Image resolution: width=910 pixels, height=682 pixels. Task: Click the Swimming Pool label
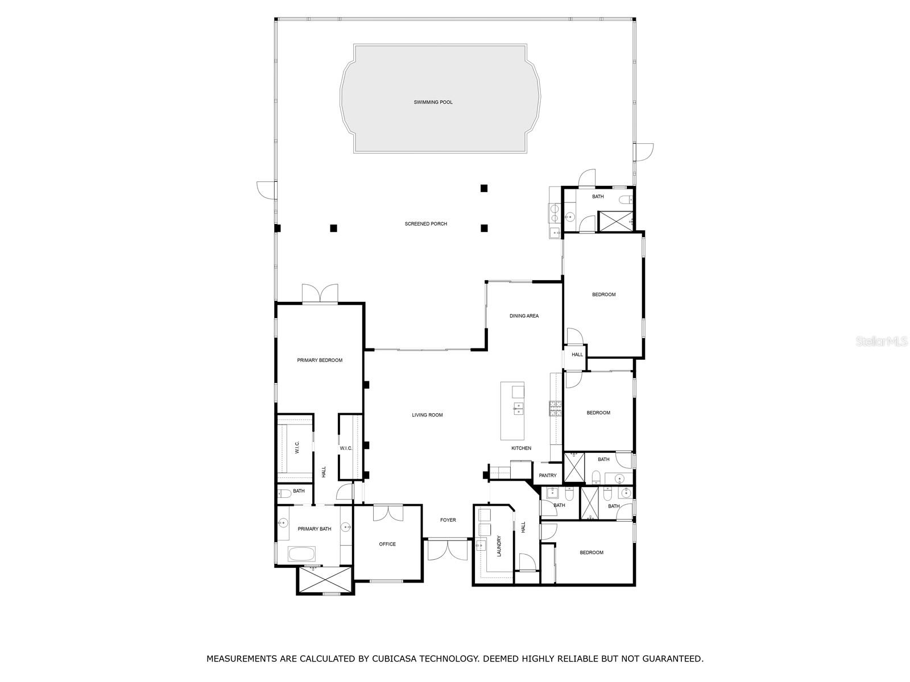(433, 102)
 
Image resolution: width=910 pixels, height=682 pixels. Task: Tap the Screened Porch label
(425, 224)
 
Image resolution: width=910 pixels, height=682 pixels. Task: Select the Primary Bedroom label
(320, 360)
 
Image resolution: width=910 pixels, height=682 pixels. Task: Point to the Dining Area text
(524, 316)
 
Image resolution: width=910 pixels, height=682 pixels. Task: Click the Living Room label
(427, 415)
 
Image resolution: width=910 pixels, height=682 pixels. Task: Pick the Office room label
(387, 544)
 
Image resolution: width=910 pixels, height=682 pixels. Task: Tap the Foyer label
(448, 520)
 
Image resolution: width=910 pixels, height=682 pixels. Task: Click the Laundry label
(499, 546)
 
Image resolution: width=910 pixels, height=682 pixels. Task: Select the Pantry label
(548, 476)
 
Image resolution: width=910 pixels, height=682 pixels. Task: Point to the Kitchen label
(521, 448)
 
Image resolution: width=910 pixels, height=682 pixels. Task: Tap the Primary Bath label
(315, 529)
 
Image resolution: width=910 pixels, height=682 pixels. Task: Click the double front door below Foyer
(448, 549)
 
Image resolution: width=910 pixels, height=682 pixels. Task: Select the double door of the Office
(387, 513)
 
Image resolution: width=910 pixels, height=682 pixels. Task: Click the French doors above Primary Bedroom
(320, 294)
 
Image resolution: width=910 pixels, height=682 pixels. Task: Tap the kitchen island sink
(518, 406)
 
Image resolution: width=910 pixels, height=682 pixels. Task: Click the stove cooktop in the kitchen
(555, 409)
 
